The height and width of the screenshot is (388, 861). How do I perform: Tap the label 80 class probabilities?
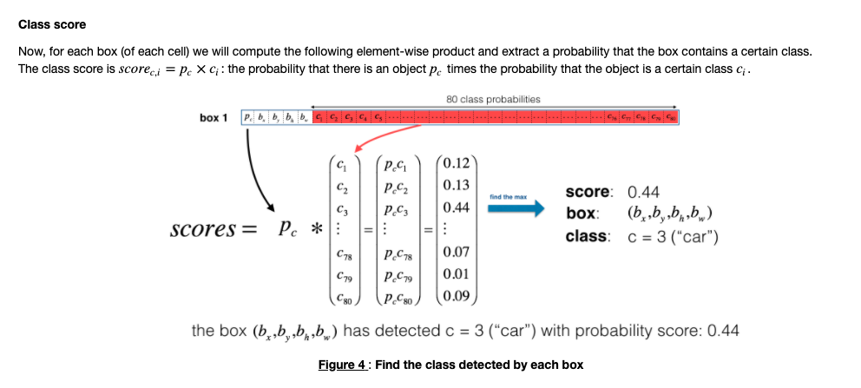[x=493, y=99]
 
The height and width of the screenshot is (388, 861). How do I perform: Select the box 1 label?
[x=213, y=117]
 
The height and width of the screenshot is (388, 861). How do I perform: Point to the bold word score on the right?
[x=588, y=192]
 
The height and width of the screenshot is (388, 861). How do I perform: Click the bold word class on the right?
[x=586, y=236]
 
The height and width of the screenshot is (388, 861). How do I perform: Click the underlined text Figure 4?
[x=342, y=365]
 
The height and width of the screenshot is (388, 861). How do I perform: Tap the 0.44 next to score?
[x=644, y=192]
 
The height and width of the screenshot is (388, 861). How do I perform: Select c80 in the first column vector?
[x=345, y=297]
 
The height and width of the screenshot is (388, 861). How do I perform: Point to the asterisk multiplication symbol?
[x=317, y=231]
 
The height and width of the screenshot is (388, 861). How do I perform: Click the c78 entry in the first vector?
[x=345, y=253]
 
